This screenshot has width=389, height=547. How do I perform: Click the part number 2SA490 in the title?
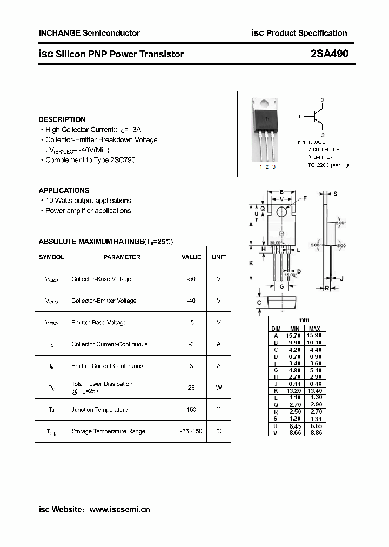click(x=329, y=54)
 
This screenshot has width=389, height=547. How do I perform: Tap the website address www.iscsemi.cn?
click(x=119, y=509)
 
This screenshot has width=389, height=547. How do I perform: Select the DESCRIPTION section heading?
click(x=62, y=119)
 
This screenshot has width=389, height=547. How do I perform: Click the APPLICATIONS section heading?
click(x=64, y=190)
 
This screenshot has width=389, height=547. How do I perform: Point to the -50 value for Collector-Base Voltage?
click(x=191, y=279)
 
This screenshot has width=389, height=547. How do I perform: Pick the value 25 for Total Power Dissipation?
click(x=191, y=388)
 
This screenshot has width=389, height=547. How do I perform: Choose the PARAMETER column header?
click(x=122, y=257)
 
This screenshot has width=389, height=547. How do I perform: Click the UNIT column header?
click(x=219, y=257)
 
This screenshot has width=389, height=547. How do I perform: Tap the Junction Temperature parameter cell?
click(x=99, y=410)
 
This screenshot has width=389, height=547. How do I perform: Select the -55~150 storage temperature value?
click(x=191, y=431)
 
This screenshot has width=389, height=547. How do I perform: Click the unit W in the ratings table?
click(x=219, y=388)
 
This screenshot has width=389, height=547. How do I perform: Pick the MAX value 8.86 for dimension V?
click(x=315, y=432)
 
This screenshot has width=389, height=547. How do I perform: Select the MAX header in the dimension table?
click(x=315, y=329)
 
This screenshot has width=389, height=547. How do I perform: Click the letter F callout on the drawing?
click(x=305, y=198)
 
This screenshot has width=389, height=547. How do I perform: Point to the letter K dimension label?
click(x=251, y=263)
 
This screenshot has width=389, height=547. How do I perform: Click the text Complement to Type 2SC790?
click(x=90, y=160)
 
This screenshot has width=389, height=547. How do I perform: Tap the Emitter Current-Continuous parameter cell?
click(x=107, y=366)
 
